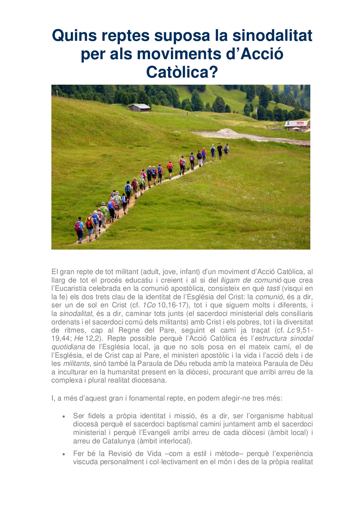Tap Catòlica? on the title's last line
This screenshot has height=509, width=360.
click(182, 72)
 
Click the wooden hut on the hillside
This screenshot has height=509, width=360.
click(138, 108)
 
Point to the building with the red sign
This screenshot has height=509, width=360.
click(297, 125)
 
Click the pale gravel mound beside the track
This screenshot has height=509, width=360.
click(227, 131)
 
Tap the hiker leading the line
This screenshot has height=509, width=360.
click(226, 149)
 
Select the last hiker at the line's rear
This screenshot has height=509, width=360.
click(79, 230)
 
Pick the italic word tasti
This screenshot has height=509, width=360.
click(273, 288)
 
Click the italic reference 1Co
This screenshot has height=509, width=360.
click(149, 305)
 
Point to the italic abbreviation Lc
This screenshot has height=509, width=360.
click(291, 330)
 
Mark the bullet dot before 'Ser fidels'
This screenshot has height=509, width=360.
click(64, 416)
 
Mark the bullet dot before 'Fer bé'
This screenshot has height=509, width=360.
click(64, 454)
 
